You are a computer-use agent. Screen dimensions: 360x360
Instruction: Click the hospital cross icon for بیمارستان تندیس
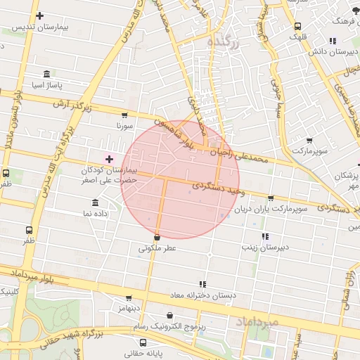[x=39, y=15]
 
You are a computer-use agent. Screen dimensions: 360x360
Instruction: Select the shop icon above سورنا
[x=124, y=115]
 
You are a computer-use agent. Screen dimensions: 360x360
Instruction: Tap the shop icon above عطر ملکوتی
[x=157, y=238]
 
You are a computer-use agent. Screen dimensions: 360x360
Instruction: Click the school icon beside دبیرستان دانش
[x=332, y=41]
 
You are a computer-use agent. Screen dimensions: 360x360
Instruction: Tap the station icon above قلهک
[x=297, y=27]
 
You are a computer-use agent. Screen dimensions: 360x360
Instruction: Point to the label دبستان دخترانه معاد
[x=202, y=295]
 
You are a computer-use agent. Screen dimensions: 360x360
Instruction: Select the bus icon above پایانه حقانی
[x=143, y=343]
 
